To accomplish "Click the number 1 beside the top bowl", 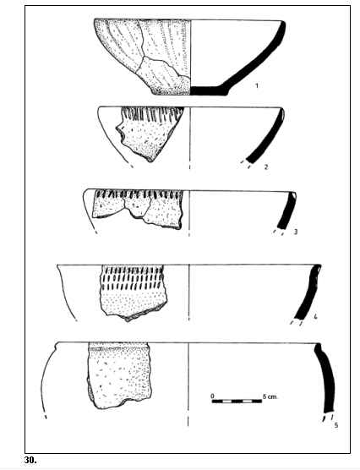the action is coord(257,85).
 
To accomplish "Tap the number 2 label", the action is coord(266,167).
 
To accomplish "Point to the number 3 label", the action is coord(296,232).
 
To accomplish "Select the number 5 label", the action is coord(336,425).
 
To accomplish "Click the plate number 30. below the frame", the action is coord(30,460).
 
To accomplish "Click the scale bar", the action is coord(237,401).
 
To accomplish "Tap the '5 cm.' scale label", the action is coord(270,396).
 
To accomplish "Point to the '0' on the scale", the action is coord(212,396).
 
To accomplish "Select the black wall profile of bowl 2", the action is coord(268,136).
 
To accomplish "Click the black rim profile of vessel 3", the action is coord(287,210).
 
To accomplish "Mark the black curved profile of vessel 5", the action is coord(326,378).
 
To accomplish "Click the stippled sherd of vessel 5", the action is coord(119,375).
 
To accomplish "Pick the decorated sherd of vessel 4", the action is coord(133,292).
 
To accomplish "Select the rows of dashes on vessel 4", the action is coord(133,278).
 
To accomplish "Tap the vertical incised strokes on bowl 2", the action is coord(152,114).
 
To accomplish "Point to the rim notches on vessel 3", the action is coord(139,194).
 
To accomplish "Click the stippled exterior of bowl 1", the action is coord(143,57).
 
